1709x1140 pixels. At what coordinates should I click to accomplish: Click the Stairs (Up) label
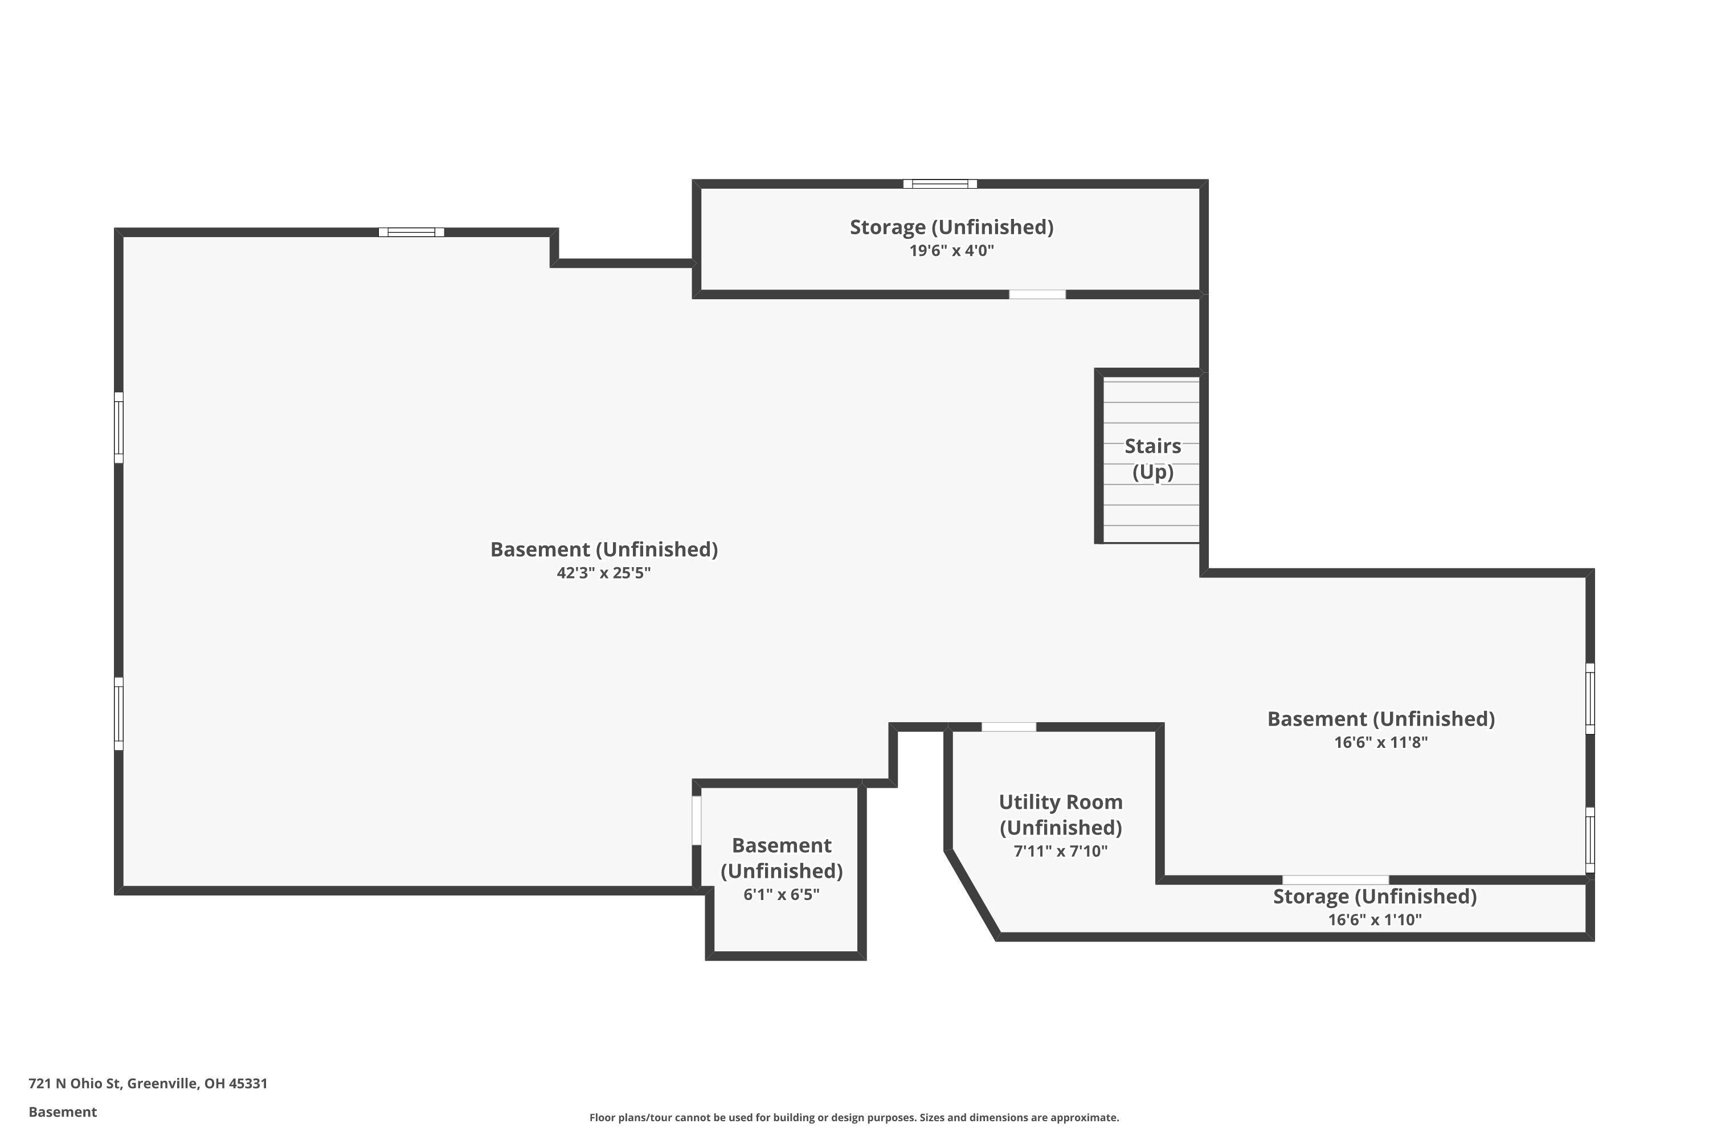click(1152, 459)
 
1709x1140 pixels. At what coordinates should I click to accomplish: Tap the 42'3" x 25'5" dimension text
click(604, 573)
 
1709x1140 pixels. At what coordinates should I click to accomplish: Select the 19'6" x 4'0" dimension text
click(952, 251)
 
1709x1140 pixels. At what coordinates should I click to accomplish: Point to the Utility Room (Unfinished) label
click(1061, 815)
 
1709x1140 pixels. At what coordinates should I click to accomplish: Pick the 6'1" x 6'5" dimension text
click(781, 894)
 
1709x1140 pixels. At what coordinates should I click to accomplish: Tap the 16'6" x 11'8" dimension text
click(1380, 742)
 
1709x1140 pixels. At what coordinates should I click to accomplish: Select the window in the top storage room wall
click(941, 184)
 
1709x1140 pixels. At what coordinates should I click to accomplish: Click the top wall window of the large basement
click(411, 233)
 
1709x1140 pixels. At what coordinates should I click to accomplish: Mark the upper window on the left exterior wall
click(118, 427)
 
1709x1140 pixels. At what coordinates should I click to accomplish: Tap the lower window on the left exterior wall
click(118, 713)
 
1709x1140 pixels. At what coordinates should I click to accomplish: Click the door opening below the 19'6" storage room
click(1037, 295)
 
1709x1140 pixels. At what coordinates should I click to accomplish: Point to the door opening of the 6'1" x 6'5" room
click(696, 821)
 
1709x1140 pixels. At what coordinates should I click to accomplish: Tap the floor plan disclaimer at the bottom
click(854, 1117)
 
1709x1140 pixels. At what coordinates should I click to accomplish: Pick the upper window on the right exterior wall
click(1590, 699)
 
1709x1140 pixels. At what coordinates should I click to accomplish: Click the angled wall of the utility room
click(972, 894)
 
